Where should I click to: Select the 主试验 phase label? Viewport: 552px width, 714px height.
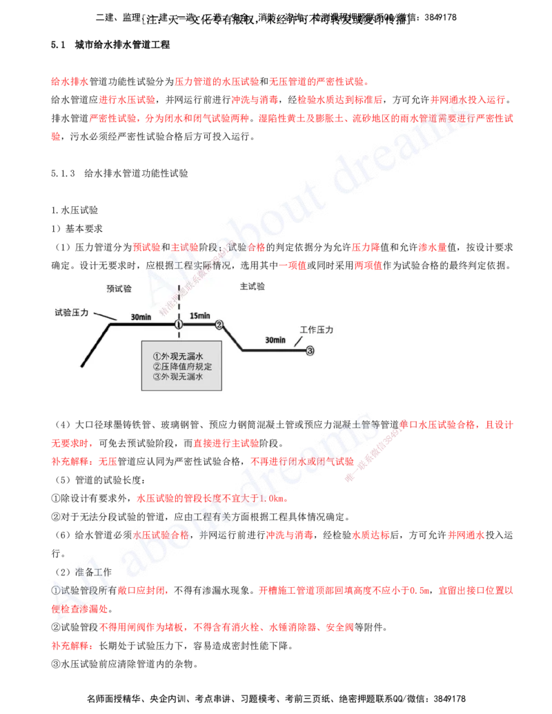[x=252, y=286]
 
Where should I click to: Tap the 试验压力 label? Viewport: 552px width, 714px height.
[x=72, y=313]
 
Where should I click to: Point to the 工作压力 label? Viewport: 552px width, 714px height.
[x=317, y=330]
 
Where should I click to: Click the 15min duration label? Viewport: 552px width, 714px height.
[x=200, y=315]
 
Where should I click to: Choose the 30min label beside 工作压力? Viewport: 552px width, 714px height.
[x=275, y=340]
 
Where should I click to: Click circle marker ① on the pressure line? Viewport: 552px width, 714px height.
[x=178, y=324]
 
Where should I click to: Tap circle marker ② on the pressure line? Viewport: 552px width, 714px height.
[x=219, y=324]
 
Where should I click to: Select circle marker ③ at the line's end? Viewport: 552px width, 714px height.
[x=310, y=350]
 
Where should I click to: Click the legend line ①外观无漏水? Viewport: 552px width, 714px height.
[x=177, y=356]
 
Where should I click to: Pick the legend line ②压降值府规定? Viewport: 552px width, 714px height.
[x=182, y=366]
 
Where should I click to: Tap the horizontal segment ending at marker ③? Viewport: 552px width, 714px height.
[x=273, y=350]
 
